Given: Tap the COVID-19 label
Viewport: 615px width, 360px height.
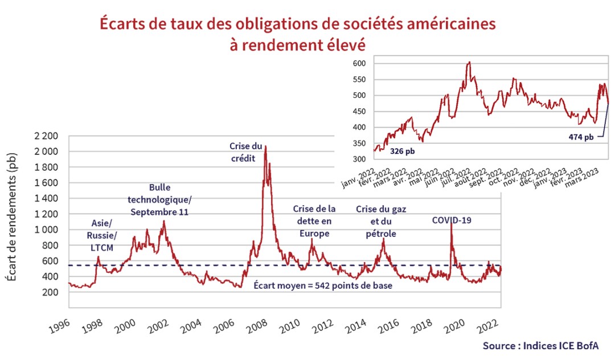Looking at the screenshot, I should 452,219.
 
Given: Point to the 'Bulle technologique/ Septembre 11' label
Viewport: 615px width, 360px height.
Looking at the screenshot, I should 160,199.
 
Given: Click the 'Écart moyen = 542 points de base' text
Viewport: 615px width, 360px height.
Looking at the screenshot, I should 323,285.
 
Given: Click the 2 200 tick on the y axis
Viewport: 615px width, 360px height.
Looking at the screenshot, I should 46,136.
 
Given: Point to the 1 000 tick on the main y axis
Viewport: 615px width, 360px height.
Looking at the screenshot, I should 46,230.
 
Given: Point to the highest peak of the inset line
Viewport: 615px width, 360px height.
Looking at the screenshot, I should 469,62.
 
